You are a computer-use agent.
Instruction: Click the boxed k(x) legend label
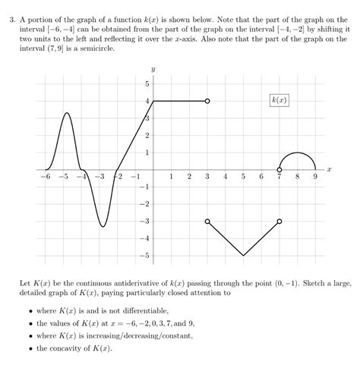[x=279, y=100]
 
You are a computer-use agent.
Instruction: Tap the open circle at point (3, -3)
[x=207, y=221]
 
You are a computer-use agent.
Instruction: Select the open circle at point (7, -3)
[x=279, y=221]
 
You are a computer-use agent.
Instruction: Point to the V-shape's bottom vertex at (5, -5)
[x=243, y=255]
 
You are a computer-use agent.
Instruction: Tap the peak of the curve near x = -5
[x=66, y=113]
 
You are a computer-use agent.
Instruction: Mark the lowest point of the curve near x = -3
[x=102, y=226]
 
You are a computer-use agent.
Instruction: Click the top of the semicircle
[x=298, y=152]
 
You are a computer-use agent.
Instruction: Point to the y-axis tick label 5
[x=147, y=83]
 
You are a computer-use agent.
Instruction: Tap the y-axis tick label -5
[x=146, y=255]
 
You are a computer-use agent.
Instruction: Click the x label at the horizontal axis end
[x=330, y=170]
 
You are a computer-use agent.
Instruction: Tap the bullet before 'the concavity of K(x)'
[x=30, y=349]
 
